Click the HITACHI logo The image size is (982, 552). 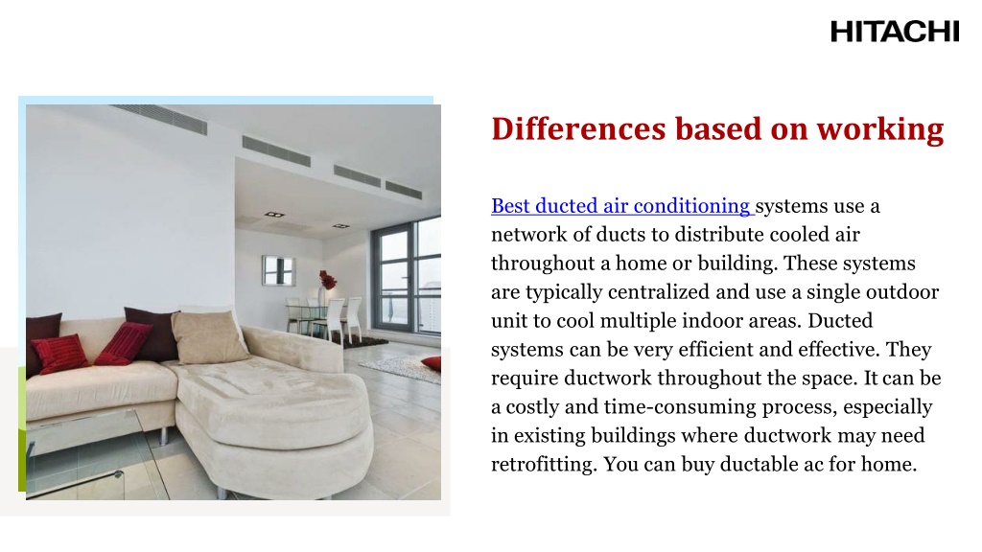pyautogui.click(x=894, y=32)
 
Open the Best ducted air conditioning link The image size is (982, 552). pyautogui.click(x=621, y=206)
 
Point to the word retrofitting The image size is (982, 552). pyautogui.click(x=542, y=465)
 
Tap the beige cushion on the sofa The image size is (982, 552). pyautogui.click(x=209, y=337)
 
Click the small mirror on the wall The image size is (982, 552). pyautogui.click(x=279, y=268)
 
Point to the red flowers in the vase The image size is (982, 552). pyautogui.click(x=328, y=280)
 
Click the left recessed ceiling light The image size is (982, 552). pyautogui.click(x=275, y=215)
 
